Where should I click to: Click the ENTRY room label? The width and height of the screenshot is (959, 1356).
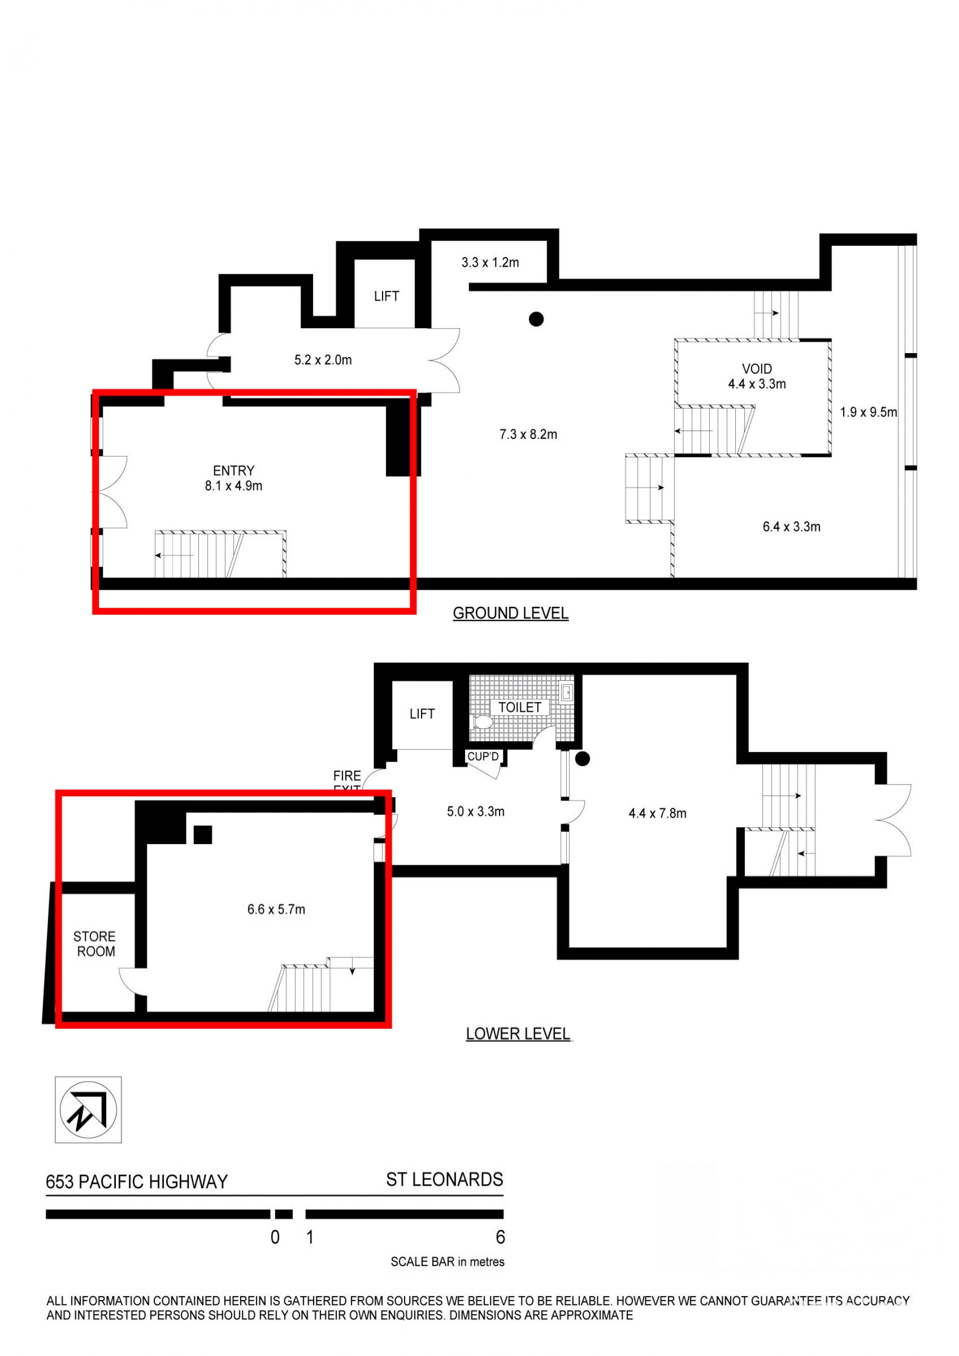tap(234, 470)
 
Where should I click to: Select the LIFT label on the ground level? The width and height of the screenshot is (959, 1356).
tap(386, 297)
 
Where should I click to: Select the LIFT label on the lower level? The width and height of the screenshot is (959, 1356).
tap(422, 714)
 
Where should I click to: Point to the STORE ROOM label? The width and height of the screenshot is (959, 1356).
tap(94, 944)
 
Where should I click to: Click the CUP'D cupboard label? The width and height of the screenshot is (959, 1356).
tap(483, 757)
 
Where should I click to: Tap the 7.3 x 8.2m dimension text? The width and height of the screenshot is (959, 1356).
tap(528, 435)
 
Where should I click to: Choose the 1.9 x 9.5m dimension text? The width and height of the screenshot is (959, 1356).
tap(868, 412)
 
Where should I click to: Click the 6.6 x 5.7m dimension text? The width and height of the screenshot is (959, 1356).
tap(276, 909)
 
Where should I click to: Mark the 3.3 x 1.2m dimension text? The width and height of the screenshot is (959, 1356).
tap(490, 262)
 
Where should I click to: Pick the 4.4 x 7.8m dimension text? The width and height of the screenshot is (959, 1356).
tap(657, 813)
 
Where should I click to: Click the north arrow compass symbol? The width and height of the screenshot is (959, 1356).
tap(88, 1110)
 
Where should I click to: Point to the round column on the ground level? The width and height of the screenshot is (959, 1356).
tap(536, 319)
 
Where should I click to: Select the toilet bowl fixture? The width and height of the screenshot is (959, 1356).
tap(482, 722)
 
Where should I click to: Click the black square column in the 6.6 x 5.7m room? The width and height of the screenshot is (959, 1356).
tap(203, 835)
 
